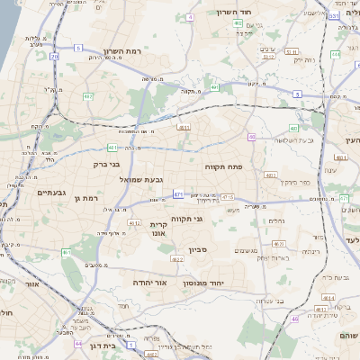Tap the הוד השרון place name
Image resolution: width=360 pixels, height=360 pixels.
[x=238, y=13]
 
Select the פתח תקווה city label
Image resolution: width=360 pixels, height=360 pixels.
[x=257, y=168]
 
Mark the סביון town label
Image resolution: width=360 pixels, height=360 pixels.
[x=198, y=249]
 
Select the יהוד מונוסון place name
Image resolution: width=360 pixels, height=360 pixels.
[x=213, y=283]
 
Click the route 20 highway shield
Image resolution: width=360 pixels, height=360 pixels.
[x=54, y=57]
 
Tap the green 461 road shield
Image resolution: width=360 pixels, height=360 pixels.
[x=66, y=253]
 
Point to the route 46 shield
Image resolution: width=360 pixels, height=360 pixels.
[x=294, y=319]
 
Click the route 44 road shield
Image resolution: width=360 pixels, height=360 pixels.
[x=78, y=344]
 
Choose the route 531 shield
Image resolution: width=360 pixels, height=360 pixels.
[x=334, y=16]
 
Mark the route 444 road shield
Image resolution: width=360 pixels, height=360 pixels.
[x=334, y=55]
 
